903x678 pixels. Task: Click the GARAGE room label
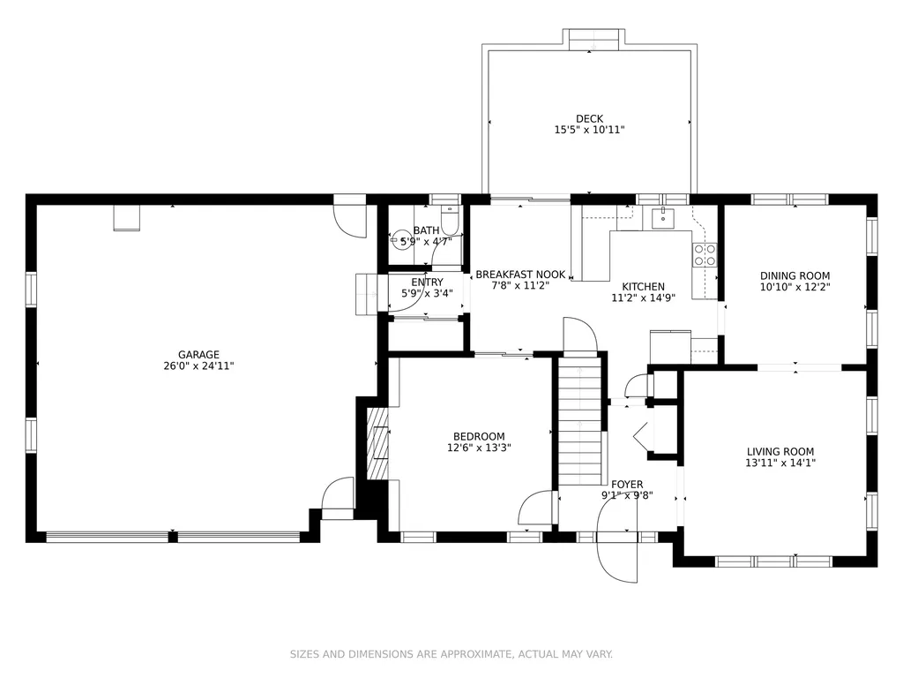(198, 355)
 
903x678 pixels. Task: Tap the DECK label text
(589, 119)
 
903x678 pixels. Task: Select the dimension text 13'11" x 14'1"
(780, 463)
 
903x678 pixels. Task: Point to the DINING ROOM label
(795, 275)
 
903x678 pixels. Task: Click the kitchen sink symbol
(663, 219)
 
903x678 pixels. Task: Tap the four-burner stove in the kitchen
(705, 255)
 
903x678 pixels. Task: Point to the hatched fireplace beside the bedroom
(377, 443)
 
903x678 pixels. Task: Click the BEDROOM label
(479, 436)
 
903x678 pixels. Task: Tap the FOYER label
(627, 485)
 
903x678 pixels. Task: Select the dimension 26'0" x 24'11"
(198, 365)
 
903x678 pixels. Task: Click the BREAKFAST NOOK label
(520, 275)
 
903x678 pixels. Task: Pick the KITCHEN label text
(643, 287)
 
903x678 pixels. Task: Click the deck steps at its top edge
(593, 40)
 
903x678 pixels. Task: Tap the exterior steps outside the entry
(366, 294)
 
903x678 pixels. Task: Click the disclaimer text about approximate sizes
(451, 654)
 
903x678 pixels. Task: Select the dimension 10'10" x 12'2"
(795, 287)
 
